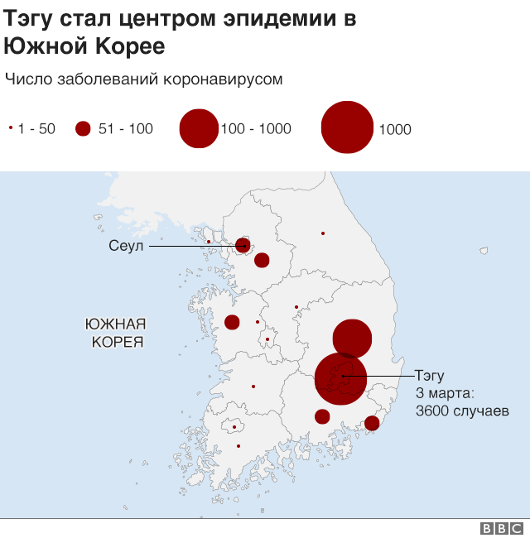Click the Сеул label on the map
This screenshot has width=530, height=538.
coord(127,246)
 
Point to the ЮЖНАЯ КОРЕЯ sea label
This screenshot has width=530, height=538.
coord(116,332)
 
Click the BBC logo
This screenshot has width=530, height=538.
coord(501,528)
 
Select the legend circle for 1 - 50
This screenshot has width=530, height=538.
coord(10,128)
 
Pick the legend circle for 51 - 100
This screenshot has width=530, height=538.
coord(82,128)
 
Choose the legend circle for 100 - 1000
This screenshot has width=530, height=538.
coord(199,128)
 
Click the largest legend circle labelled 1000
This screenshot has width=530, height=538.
coord(347,127)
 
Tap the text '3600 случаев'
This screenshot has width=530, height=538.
coord(462,411)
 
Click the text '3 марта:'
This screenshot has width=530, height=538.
coord(444,393)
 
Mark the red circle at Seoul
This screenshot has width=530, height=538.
coord(243,245)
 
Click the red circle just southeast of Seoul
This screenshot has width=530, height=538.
coord(262,260)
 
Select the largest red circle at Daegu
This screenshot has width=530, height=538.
coord(340,378)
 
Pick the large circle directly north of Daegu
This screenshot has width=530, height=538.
coord(352,339)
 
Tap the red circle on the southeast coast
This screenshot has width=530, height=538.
coord(372,423)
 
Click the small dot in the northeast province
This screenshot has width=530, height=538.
coord(323,233)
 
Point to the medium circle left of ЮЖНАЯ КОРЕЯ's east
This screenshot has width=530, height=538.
coord(232,322)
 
